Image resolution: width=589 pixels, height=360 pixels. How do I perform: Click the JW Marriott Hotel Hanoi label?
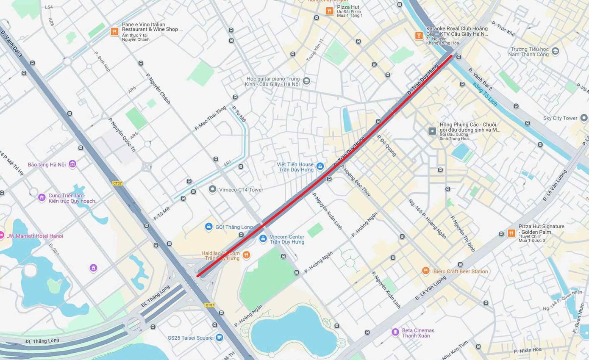[x=35, y=236]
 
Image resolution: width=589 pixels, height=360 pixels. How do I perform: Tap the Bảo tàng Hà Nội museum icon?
[x=72, y=164]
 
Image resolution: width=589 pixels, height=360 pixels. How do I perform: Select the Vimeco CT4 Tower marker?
[x=213, y=189]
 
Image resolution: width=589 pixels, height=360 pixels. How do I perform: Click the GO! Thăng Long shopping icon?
[x=208, y=227]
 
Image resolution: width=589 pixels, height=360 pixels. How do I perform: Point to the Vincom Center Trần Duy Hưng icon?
[x=263, y=239]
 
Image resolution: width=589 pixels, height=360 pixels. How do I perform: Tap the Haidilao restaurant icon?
[x=247, y=255]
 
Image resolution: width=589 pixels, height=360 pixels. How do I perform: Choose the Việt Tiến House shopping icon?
[x=320, y=167]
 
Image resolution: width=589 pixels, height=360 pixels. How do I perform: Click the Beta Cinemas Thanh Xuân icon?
[x=395, y=332]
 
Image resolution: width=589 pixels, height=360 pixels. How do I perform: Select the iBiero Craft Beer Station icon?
[x=426, y=271]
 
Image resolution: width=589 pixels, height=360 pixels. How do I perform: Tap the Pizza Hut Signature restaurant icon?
[x=512, y=233]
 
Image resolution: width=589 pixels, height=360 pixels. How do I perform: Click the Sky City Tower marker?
[x=584, y=118]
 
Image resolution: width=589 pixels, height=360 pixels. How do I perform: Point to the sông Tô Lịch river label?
[x=485, y=94]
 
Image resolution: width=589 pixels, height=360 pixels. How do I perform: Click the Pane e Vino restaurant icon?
[x=114, y=32]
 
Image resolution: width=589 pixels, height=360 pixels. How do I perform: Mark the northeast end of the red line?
[x=452, y=55]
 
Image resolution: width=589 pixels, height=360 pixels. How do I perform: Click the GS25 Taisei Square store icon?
[x=219, y=338]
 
